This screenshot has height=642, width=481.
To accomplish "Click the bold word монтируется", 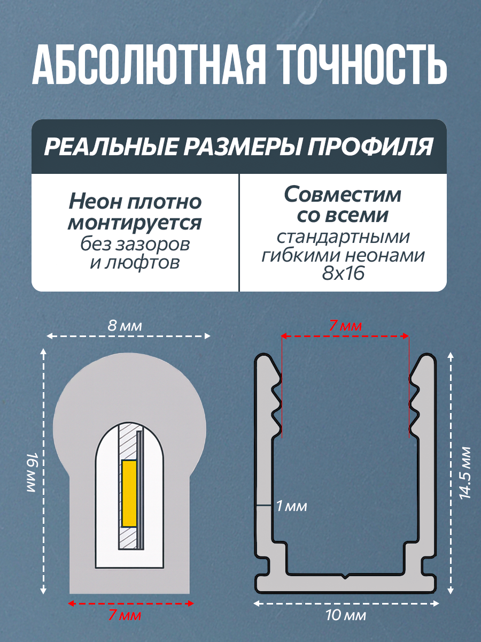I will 135,223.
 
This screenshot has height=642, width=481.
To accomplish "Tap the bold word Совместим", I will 343,195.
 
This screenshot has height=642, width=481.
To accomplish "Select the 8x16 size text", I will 343,274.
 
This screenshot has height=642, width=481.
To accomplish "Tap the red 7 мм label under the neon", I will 125,615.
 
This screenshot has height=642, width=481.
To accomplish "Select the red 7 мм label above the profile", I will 345,325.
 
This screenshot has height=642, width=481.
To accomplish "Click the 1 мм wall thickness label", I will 292,506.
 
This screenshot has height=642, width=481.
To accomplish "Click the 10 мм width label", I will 346,616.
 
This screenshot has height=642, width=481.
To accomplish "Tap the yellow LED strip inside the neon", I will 129,493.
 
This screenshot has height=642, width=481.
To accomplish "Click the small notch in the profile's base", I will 346,576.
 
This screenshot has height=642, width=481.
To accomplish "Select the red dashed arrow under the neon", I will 131,603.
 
